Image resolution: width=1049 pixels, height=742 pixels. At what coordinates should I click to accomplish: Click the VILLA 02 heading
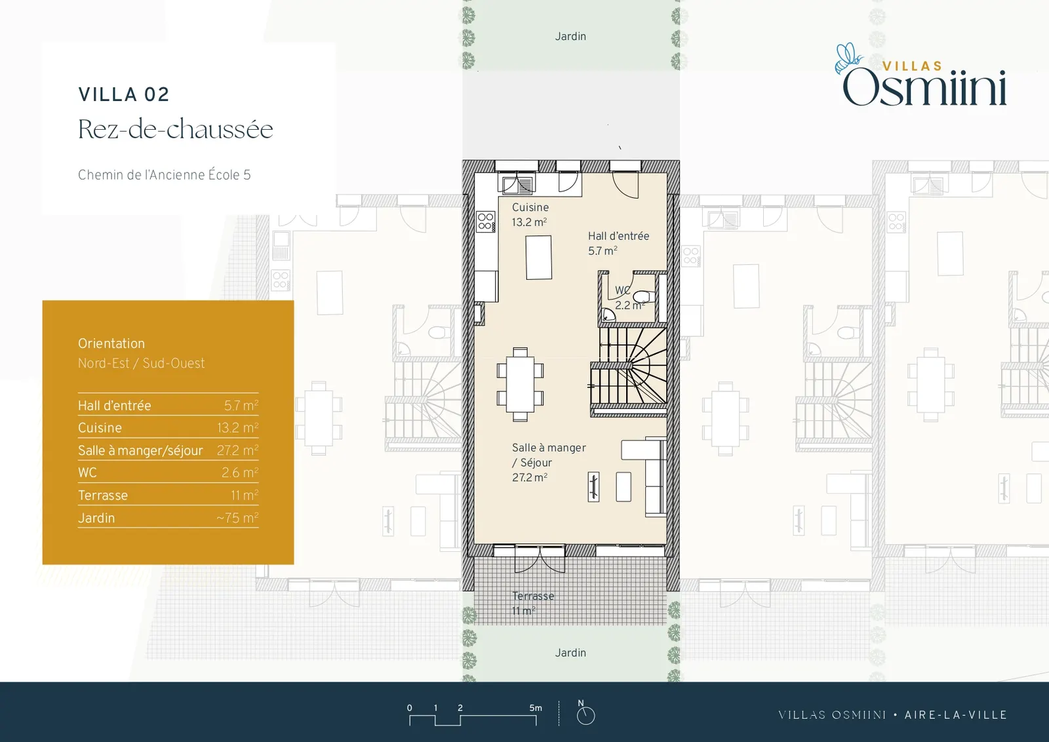[124, 94]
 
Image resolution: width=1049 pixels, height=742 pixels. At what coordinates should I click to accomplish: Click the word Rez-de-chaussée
[176, 129]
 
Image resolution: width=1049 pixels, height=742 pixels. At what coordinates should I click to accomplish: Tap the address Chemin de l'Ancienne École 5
[165, 175]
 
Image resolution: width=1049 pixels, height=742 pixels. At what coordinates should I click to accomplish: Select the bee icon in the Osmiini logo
[848, 58]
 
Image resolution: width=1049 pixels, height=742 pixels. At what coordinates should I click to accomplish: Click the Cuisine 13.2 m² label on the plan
[530, 214]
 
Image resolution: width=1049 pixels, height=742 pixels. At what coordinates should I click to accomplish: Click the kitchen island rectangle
[538, 258]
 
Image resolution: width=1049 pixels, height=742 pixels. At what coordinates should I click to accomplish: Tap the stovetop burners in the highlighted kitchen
[486, 222]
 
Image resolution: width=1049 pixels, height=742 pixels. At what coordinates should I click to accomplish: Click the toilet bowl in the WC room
[643, 296]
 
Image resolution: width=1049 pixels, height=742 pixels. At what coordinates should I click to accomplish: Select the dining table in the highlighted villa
[521, 384]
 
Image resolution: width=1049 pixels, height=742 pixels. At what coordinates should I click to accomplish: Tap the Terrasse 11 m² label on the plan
[533, 604]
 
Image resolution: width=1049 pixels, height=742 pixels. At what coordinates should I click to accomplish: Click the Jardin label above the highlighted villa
[570, 37]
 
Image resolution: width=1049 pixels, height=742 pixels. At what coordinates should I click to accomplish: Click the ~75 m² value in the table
[237, 518]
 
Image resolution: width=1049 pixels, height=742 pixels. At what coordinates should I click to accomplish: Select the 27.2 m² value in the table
[237, 450]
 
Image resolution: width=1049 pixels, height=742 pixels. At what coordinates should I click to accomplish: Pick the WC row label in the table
[88, 473]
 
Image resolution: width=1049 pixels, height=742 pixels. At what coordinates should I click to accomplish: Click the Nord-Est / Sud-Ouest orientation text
[142, 363]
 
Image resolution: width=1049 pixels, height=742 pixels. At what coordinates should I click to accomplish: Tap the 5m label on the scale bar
[536, 708]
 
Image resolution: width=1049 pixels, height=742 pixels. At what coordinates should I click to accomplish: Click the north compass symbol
[585, 713]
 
